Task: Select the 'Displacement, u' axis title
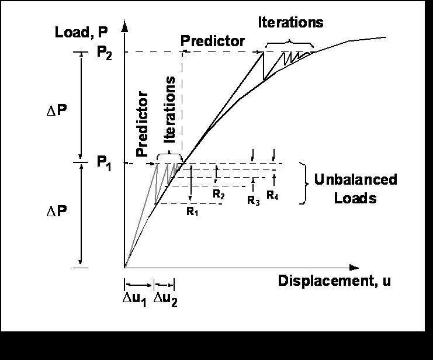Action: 334,281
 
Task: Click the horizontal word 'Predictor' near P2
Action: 212,41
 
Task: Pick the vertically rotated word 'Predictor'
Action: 142,123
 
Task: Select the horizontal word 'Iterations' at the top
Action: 290,23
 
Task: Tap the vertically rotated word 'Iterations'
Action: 170,109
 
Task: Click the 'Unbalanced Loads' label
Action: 355,188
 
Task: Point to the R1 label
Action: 193,212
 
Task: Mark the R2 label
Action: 219,195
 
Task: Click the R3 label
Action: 253,201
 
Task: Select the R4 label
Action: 272,196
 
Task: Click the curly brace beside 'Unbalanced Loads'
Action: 303,182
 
